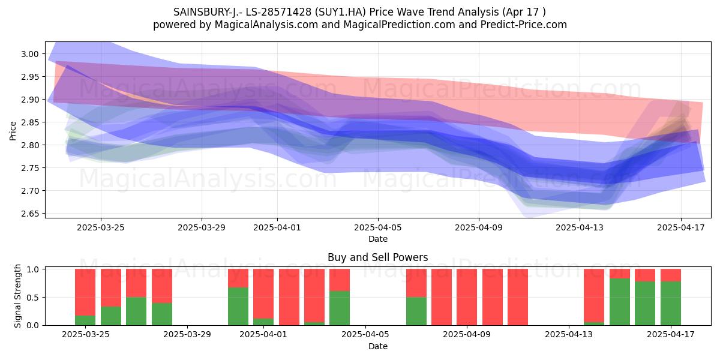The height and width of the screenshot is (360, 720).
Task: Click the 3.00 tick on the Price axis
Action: [x=30, y=54]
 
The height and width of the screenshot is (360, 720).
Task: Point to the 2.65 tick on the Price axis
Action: [x=30, y=214]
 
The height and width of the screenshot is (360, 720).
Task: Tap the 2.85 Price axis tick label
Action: [x=30, y=122]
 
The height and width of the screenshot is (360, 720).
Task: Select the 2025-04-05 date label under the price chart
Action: [x=378, y=227]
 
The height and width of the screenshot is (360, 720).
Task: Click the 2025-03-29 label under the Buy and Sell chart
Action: [x=187, y=335]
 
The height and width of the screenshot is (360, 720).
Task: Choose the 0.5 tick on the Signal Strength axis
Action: [x=33, y=298]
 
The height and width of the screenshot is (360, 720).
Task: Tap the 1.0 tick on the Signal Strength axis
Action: [x=33, y=269]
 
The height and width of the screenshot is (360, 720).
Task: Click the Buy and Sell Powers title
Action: [x=377, y=257]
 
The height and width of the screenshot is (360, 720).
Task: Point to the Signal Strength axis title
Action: [x=17, y=296]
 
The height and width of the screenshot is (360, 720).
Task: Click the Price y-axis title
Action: [x=13, y=131]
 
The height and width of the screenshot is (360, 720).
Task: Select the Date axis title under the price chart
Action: [x=378, y=239]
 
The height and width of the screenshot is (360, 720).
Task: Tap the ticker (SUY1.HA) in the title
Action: [x=340, y=12]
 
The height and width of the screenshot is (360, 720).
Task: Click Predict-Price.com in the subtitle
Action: [x=524, y=25]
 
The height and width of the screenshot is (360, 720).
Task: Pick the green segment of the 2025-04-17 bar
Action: [x=671, y=303]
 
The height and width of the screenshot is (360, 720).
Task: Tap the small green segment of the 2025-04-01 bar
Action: [x=263, y=322]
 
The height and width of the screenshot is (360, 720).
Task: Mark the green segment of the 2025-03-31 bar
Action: [x=238, y=306]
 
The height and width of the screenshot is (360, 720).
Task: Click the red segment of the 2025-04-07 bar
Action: [x=416, y=283]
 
